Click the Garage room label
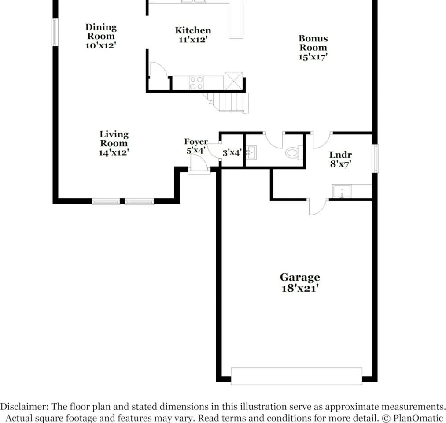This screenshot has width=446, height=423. click(x=300, y=282)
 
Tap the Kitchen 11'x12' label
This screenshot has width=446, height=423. click(x=193, y=35)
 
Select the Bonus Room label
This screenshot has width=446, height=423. click(x=313, y=47)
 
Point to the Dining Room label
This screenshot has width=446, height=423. click(x=101, y=36)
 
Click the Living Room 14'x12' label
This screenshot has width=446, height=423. click(x=114, y=143)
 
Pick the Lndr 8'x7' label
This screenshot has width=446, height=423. click(x=340, y=160)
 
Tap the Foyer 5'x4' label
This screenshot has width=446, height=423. click(x=195, y=146)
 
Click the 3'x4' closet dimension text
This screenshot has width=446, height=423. click(x=232, y=153)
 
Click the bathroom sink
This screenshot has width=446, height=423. click(x=251, y=153)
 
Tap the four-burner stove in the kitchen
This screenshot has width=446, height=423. click(x=196, y=82)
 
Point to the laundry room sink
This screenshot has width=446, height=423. click(x=342, y=191)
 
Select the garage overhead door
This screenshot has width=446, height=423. click(x=296, y=376)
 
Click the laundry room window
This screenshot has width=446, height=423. click(x=376, y=158)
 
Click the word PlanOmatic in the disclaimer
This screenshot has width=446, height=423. click(x=418, y=418)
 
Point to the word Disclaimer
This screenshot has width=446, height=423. click(x=24, y=407)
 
